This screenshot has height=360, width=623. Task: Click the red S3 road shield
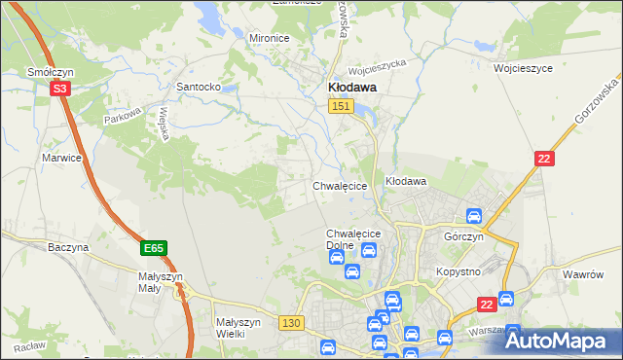coord(60,89)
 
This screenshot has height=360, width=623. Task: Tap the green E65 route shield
coord(152,248)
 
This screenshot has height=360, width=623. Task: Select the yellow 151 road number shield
coord(340,106)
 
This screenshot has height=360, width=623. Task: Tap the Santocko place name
coord(200,87)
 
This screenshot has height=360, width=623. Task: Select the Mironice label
coord(270,38)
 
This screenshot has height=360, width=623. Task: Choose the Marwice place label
coord(61,156)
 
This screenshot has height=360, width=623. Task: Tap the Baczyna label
coord(68,247)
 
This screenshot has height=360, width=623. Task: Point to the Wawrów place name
coord(585,274)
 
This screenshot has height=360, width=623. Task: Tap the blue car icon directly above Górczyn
coord(474,216)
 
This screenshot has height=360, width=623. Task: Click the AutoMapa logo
coord(557,340)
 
